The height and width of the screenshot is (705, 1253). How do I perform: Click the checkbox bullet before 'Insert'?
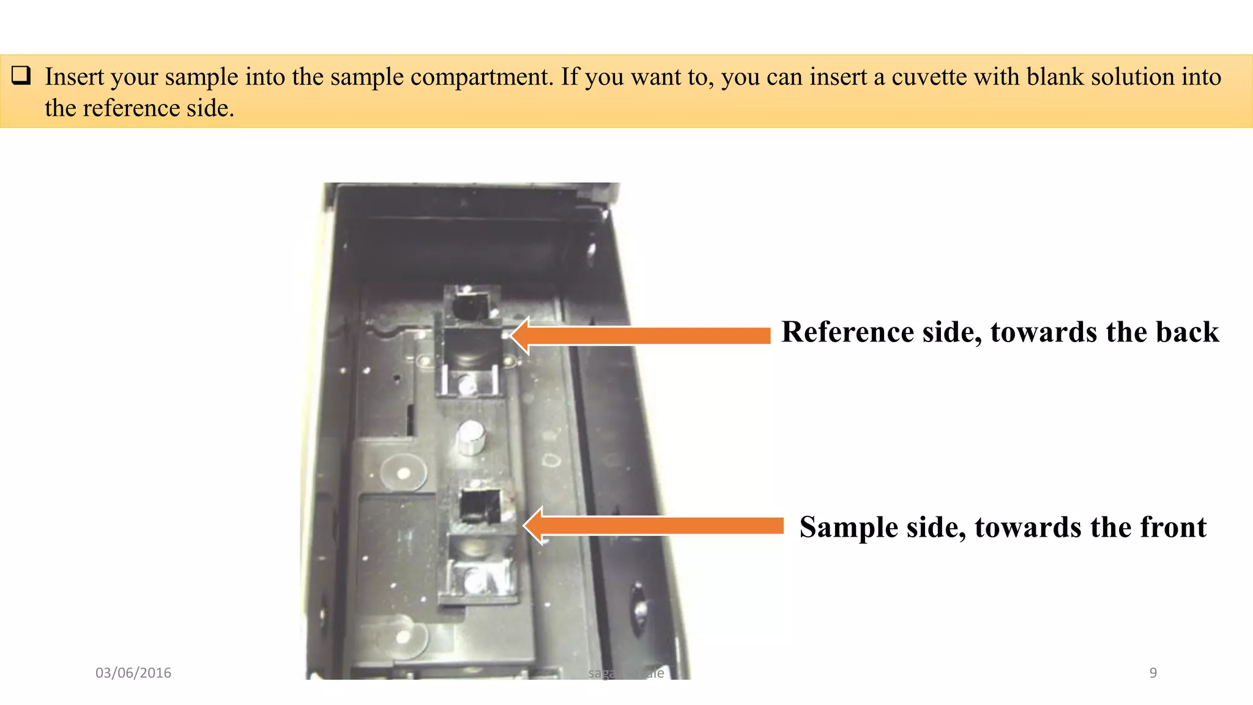tap(21, 76)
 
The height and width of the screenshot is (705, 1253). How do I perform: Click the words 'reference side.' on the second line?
tap(158, 108)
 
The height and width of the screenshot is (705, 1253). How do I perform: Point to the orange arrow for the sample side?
tap(655, 526)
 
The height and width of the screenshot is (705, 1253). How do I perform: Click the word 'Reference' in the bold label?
tap(847, 332)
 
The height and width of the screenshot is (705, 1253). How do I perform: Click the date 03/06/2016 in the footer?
tap(133, 673)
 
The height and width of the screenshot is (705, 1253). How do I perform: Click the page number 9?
tap(1153, 673)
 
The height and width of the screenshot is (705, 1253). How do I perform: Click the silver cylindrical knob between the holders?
tap(470, 437)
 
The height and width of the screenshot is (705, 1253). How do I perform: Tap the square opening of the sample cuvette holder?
tap(480, 505)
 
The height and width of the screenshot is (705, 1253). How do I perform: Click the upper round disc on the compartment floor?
tap(403, 473)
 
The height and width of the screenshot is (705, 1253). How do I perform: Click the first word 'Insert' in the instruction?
tap(74, 77)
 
